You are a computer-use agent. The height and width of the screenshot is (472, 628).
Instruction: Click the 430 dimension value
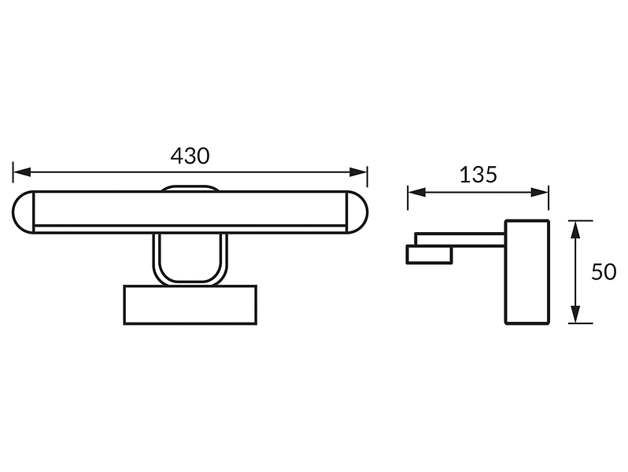click(x=190, y=156)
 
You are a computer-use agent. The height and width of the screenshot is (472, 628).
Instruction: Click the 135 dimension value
click(x=478, y=175)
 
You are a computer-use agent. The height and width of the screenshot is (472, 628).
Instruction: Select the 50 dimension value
click(x=603, y=272)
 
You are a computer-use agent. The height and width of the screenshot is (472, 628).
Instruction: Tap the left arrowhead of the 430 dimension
click(x=21, y=172)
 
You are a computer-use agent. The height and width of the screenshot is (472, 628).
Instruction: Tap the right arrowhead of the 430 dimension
click(x=358, y=172)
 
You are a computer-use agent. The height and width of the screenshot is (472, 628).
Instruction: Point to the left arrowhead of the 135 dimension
click(x=416, y=193)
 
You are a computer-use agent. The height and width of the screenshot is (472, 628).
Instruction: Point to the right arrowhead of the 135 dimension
click(x=540, y=193)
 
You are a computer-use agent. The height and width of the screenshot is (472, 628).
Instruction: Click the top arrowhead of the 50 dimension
click(x=575, y=230)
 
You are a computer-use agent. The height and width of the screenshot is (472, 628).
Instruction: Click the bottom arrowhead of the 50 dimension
click(x=575, y=314)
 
